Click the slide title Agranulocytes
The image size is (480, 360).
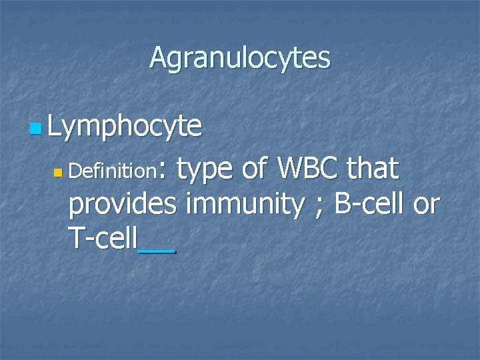tap(239, 58)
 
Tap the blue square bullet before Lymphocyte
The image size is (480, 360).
tap(35, 127)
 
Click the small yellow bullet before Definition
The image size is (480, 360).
tap(58, 173)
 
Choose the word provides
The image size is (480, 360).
tap(123, 205)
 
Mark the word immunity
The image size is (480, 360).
tap(245, 205)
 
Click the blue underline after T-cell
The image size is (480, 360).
tap(157, 251)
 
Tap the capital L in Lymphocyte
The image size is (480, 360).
tap(55, 125)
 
